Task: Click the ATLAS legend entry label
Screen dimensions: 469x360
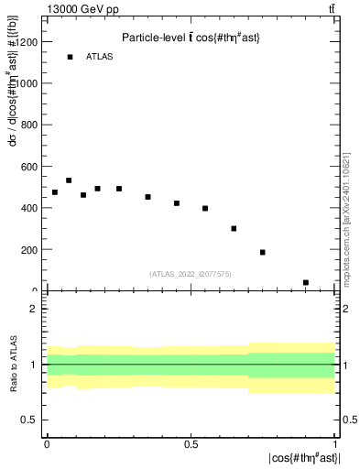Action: [x=99, y=57]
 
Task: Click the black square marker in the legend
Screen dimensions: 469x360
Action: [x=70, y=57]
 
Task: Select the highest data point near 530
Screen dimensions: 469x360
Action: [x=69, y=180]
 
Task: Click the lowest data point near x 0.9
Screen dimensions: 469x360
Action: [x=305, y=282]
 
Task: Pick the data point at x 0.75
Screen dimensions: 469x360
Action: [x=263, y=252]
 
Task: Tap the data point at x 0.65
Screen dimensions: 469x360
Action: [x=234, y=228]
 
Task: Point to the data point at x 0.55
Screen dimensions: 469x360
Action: [x=205, y=208]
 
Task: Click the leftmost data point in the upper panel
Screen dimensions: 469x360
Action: [x=55, y=192]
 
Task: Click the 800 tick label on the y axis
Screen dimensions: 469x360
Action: [x=28, y=125]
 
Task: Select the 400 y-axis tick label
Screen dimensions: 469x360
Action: [x=28, y=208]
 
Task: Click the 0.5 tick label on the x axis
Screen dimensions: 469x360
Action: [x=191, y=443]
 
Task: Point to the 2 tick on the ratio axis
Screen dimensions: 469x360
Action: [x=34, y=309]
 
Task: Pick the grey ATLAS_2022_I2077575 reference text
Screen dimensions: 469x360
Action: [x=191, y=273]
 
